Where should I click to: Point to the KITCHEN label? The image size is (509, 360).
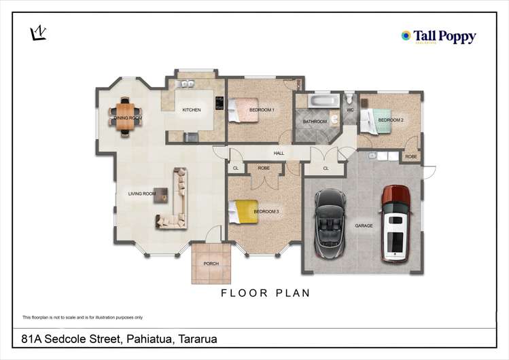pos(191,109)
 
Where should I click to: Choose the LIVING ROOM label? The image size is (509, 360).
pos(141,194)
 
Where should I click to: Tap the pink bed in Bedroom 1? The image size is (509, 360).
pos(240,109)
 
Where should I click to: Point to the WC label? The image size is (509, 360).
pos(350,109)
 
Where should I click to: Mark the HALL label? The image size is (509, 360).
pos(279,154)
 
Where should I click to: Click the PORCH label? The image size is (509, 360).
pos(211,264)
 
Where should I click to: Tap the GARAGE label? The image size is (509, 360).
pos(364,225)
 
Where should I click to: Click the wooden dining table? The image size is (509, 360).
pos(126,112)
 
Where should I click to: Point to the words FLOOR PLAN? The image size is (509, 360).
pos(266,293)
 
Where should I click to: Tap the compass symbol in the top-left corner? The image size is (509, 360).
pos(39,33)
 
